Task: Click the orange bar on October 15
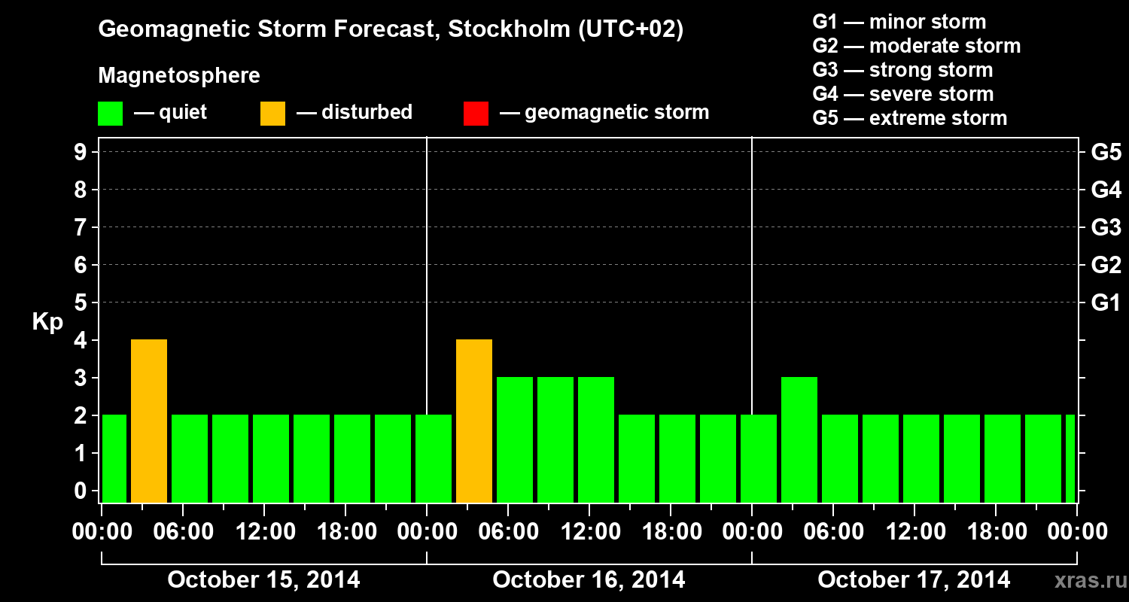pyautogui.click(x=149, y=421)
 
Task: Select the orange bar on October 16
pyautogui.click(x=474, y=421)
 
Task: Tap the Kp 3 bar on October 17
pyautogui.click(x=799, y=440)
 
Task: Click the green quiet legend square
pyautogui.click(x=110, y=114)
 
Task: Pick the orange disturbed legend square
pyautogui.click(x=272, y=114)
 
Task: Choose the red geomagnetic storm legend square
pyautogui.click(x=476, y=114)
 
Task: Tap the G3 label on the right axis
pyautogui.click(x=1106, y=227)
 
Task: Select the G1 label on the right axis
pyautogui.click(x=1106, y=303)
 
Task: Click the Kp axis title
pyautogui.click(x=47, y=322)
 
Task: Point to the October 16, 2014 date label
pyautogui.click(x=589, y=580)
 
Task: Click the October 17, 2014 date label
pyautogui.click(x=914, y=580)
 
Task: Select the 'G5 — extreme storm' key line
pyautogui.click(x=909, y=118)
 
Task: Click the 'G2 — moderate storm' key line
pyautogui.click(x=916, y=46)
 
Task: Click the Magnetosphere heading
pyautogui.click(x=179, y=76)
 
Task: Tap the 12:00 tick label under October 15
pyautogui.click(x=266, y=532)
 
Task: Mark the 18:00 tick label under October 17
pyautogui.click(x=995, y=532)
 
